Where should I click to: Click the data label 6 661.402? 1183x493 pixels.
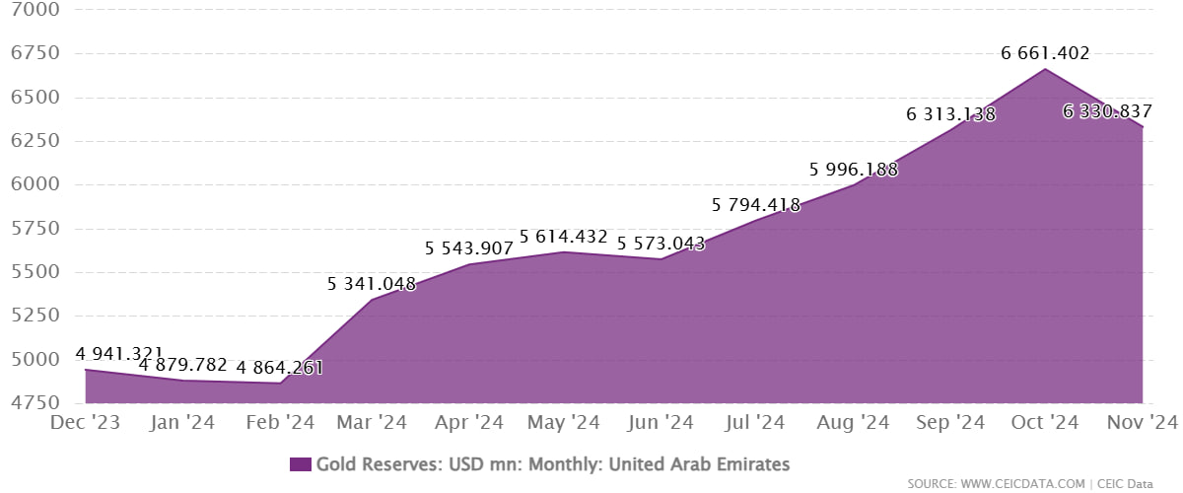click(x=1045, y=54)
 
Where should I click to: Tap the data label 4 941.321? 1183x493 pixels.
click(x=119, y=355)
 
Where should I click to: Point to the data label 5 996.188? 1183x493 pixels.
click(x=854, y=170)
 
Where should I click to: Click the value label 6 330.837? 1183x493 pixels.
click(x=1107, y=112)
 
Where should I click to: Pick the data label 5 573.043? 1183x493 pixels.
click(x=661, y=243)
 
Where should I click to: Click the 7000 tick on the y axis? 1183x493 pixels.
click(x=33, y=11)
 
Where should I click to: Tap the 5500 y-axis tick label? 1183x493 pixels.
click(x=33, y=272)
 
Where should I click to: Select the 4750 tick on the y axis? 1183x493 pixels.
click(x=33, y=403)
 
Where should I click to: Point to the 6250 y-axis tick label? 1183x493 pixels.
click(x=33, y=141)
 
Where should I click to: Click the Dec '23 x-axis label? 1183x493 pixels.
click(x=85, y=423)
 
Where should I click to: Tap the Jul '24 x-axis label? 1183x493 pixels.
click(x=756, y=423)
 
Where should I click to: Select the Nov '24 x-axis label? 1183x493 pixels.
click(x=1143, y=423)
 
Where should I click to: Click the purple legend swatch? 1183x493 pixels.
click(x=301, y=464)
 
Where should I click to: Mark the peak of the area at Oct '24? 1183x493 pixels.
click(x=1046, y=69)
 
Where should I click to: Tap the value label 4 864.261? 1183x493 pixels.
click(x=279, y=369)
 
